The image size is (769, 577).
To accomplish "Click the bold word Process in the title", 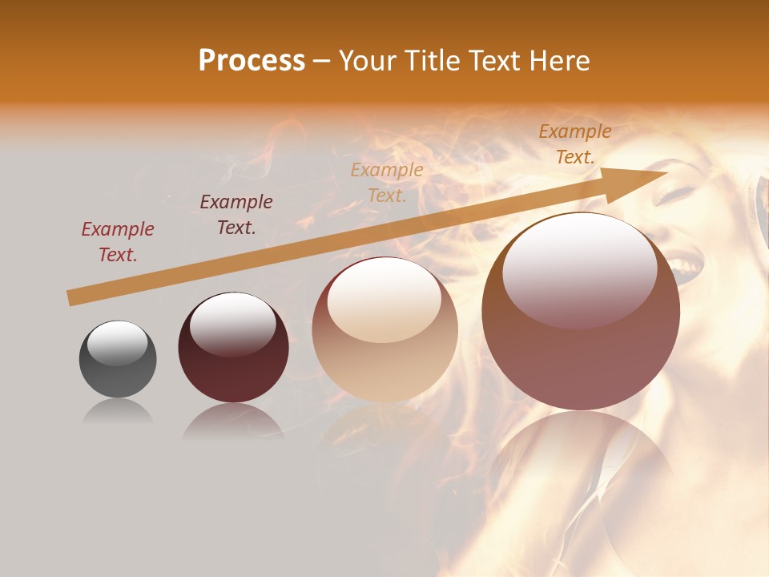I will click(x=252, y=61).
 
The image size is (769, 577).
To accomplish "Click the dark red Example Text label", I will click(x=118, y=242).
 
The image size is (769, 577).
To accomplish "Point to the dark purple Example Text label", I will click(x=236, y=215).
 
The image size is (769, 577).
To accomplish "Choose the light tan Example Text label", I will click(x=387, y=183).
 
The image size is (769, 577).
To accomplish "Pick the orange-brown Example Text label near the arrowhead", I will click(x=574, y=144).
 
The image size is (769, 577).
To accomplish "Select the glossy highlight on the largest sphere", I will click(x=579, y=268).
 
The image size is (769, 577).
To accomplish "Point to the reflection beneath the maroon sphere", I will click(x=233, y=420).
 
